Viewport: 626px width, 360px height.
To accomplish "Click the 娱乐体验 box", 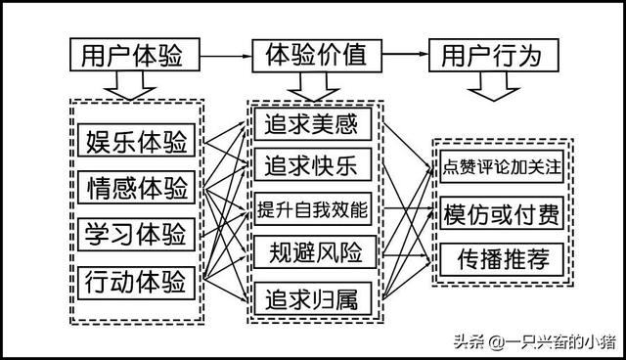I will click(x=136, y=141).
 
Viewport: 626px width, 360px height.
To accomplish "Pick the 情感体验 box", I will click(x=136, y=187).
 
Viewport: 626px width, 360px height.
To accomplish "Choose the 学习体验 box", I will click(x=136, y=234).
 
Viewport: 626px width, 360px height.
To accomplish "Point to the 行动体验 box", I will click(x=136, y=281).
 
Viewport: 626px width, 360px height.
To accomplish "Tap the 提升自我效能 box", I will click(x=313, y=209).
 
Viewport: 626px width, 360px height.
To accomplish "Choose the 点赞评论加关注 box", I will click(x=502, y=166).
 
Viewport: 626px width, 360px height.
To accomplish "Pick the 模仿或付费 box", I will click(x=502, y=213).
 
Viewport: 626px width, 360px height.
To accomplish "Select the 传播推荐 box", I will click(x=502, y=259).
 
